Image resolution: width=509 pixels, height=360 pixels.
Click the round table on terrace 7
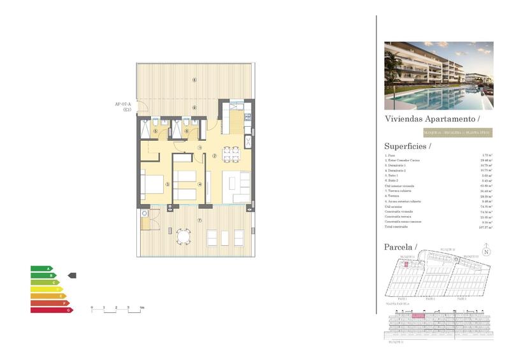pyautogui.click(x=183, y=236)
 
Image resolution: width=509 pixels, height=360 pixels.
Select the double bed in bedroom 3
pyautogui.click(x=153, y=185)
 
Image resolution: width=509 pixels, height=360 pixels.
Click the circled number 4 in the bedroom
pyautogui.click(x=199, y=185)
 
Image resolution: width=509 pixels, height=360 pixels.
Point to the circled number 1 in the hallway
pyautogui.click(x=199, y=147)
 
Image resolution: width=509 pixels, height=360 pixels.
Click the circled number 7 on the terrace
pyautogui.click(x=199, y=220)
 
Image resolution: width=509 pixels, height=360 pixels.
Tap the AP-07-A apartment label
pyautogui.click(x=122, y=104)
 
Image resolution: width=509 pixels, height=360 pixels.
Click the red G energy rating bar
pyautogui.click(x=52, y=310)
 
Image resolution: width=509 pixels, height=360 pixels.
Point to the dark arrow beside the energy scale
pyautogui.click(x=72, y=275)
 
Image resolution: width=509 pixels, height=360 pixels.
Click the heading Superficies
pyautogui.click(x=407, y=146)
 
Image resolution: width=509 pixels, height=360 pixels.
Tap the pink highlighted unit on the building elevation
pyautogui.click(x=418, y=315)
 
